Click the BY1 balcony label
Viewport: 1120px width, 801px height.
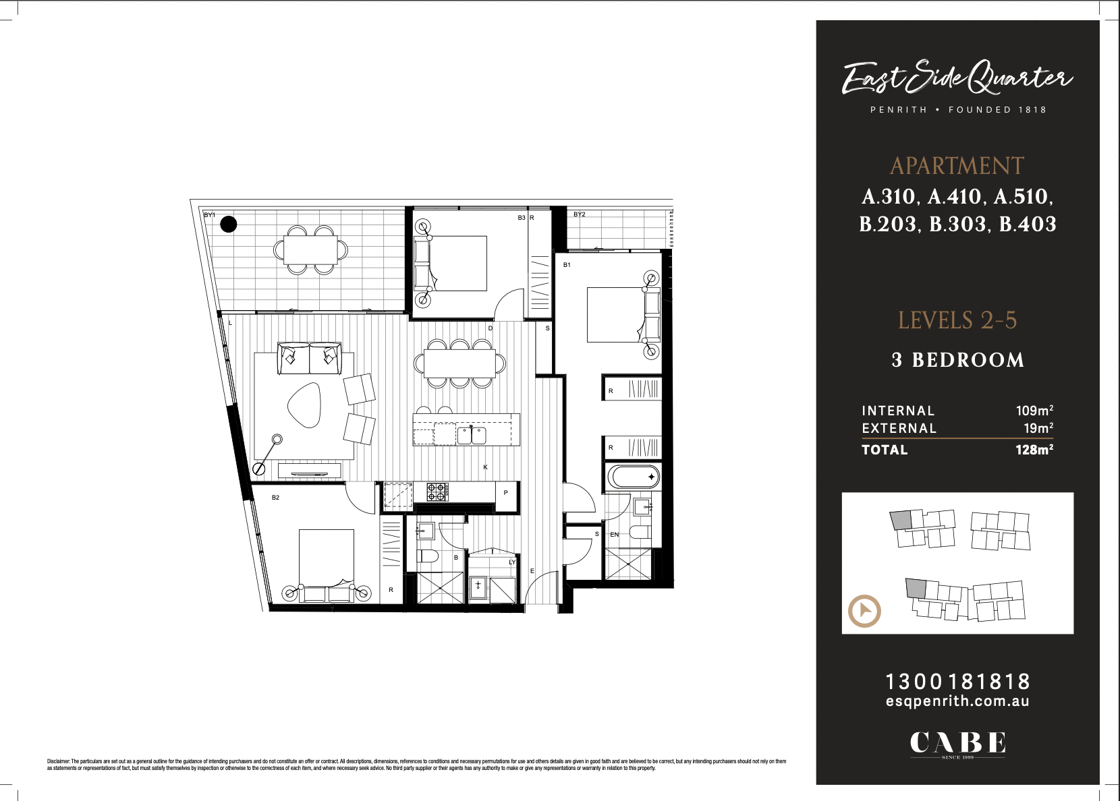pyautogui.click(x=209, y=215)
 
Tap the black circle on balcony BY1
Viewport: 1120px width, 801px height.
pyautogui.click(x=229, y=224)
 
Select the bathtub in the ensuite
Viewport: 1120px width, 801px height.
pyautogui.click(x=633, y=477)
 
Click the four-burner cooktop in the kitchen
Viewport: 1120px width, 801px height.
pyautogui.click(x=437, y=492)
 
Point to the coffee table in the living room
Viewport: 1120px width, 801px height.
pyautogui.click(x=305, y=405)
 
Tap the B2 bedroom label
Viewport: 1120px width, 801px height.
pyautogui.click(x=275, y=498)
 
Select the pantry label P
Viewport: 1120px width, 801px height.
pyautogui.click(x=505, y=493)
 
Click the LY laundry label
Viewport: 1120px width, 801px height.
pyautogui.click(x=512, y=562)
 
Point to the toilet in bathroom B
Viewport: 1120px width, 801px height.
pyautogui.click(x=427, y=556)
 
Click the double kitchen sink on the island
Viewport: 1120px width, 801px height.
pyautogui.click(x=472, y=435)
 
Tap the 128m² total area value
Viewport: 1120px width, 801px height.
pyautogui.click(x=1034, y=450)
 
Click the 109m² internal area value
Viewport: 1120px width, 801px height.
pyautogui.click(x=1034, y=411)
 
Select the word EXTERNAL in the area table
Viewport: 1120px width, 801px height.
pyautogui.click(x=899, y=428)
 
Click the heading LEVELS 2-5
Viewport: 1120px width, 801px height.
pyautogui.click(x=957, y=320)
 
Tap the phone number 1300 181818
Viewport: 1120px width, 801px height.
pyautogui.click(x=957, y=681)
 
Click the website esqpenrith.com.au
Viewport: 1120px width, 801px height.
pyautogui.click(x=957, y=701)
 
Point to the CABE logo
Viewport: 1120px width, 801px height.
pyautogui.click(x=957, y=742)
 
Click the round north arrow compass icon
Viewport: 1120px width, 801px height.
pyautogui.click(x=864, y=612)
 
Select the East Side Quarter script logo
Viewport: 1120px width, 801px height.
pyautogui.click(x=957, y=78)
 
